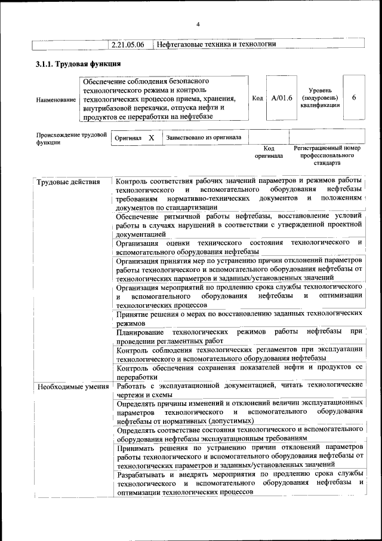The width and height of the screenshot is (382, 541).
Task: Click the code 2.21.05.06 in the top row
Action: pyautogui.click(x=131, y=45)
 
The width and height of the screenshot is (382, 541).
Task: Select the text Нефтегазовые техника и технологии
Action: pyautogui.click(x=215, y=45)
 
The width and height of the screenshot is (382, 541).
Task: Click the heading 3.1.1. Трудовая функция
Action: pyautogui.click(x=79, y=64)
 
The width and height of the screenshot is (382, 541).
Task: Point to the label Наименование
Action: pyautogui.click(x=56, y=99)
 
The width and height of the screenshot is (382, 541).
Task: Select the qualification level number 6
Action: pyautogui.click(x=354, y=98)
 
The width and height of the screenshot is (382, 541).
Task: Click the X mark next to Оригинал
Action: pyautogui.click(x=152, y=137)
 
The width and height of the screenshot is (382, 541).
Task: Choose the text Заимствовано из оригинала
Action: pyautogui.click(x=204, y=137)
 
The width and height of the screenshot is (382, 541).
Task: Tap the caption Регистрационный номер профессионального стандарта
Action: pyautogui.click(x=327, y=155)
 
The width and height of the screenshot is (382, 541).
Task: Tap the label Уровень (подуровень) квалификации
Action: pyautogui.click(x=321, y=97)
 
